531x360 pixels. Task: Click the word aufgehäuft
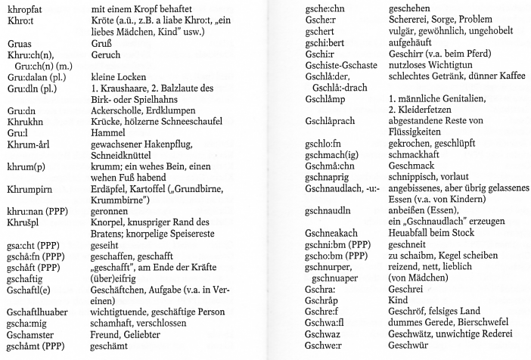(x=411, y=44)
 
